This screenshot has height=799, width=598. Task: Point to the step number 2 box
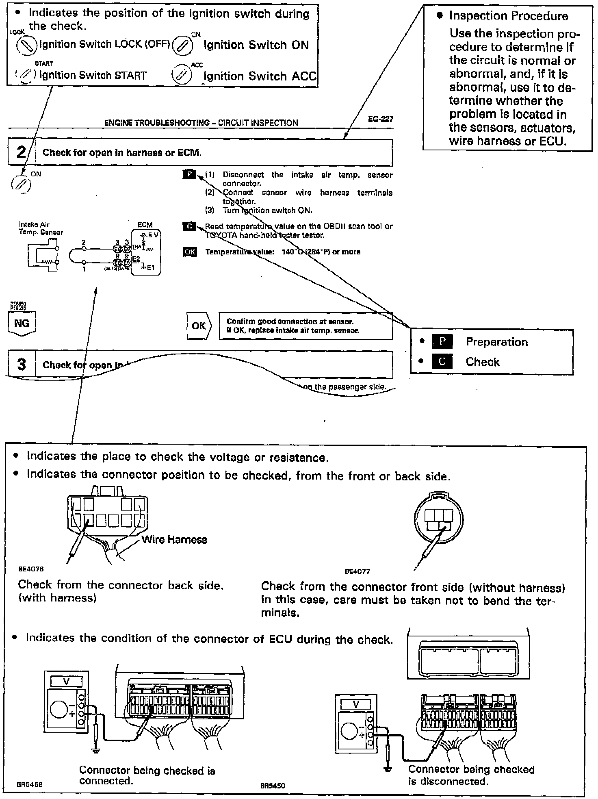point(21,152)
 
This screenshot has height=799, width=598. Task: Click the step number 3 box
point(22,364)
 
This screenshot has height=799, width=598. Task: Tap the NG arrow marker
point(22,324)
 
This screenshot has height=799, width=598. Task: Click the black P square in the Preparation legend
point(442,342)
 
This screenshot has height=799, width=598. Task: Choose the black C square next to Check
point(442,361)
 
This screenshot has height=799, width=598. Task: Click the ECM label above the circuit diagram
point(145,224)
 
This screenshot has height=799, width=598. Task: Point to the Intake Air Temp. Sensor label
point(41,228)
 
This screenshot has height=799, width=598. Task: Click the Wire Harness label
point(174,540)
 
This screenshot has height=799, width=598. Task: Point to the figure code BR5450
point(273,786)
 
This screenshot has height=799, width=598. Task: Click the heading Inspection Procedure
point(508,16)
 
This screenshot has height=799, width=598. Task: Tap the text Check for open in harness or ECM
point(122,153)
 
